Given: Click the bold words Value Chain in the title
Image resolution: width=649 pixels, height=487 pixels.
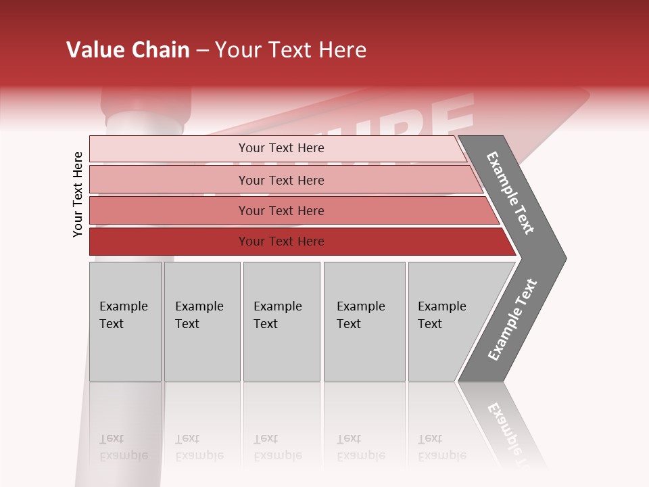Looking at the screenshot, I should pos(128,50).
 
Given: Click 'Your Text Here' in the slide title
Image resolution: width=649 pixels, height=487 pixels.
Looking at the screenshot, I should pos(291,50).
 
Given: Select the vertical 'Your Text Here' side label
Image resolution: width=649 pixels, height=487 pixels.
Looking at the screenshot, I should pos(78,195).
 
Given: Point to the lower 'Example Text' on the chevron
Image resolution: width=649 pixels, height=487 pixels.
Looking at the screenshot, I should pos(512,320).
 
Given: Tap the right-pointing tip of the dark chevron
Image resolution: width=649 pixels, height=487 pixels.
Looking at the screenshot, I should pos(561,258).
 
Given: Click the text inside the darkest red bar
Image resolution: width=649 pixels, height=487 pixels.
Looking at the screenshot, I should pos(281,241).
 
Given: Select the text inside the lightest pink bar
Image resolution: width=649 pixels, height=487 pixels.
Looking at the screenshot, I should pos(281,148).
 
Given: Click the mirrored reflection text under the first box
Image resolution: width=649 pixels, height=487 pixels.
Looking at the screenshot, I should pos(123,447).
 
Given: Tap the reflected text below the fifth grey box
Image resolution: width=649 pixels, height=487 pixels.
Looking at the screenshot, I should pos(441,447).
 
